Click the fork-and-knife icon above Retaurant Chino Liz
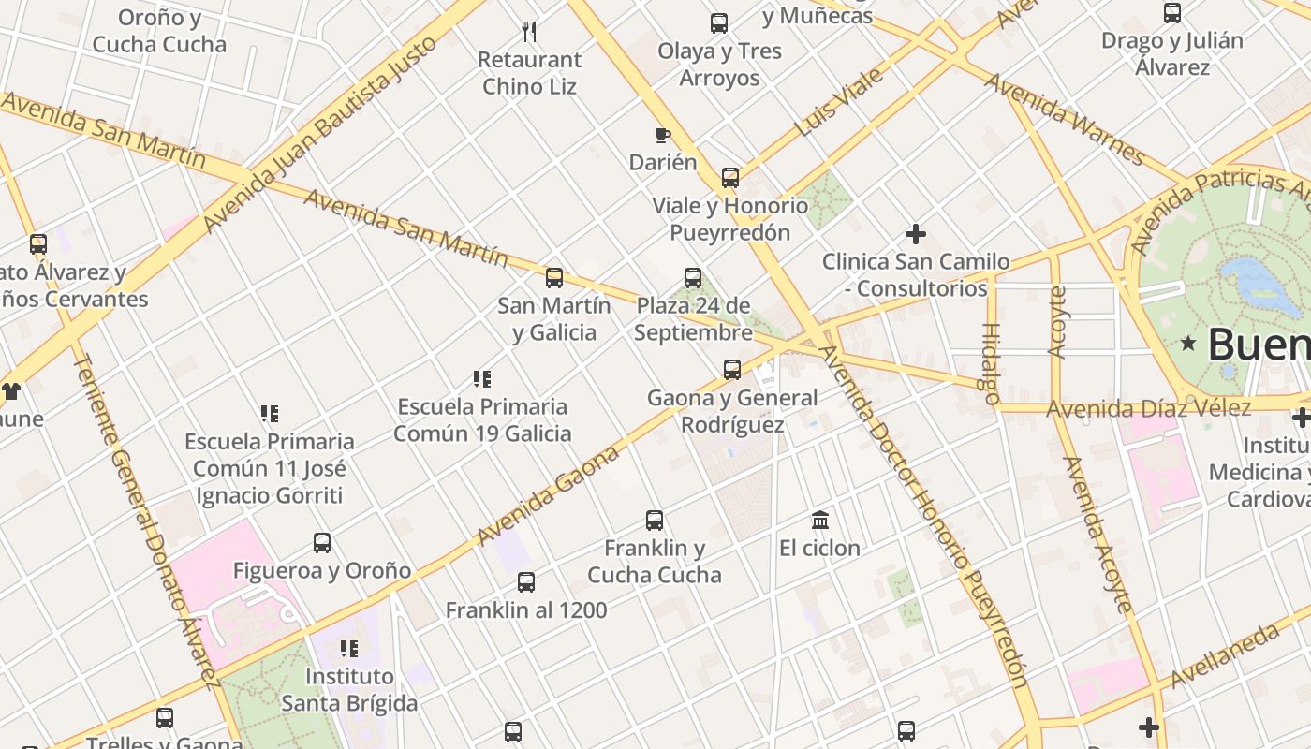tap(529, 32)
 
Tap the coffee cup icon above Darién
tap(663, 136)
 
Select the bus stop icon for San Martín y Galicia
tap(554, 278)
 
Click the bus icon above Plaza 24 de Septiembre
tap(693, 278)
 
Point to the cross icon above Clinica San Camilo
tap(916, 234)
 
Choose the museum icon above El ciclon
tap(820, 520)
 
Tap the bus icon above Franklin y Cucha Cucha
tap(655, 521)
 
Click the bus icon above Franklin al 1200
tap(526, 582)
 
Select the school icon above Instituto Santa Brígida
tap(349, 648)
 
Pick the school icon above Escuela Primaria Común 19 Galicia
tap(482, 379)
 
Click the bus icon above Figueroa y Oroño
tap(322, 543)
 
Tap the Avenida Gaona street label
tap(548, 495)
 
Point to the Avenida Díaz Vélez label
tap(1148, 408)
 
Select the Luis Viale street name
tap(840, 101)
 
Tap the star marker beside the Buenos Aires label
tap(1189, 344)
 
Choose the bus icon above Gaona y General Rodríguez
tap(732, 370)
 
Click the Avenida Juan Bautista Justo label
tap(319, 134)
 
